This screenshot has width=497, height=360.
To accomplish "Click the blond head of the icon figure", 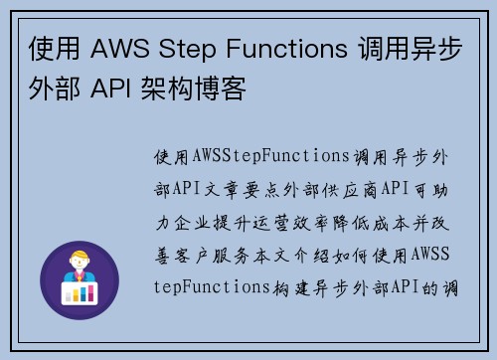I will (x=78, y=263).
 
